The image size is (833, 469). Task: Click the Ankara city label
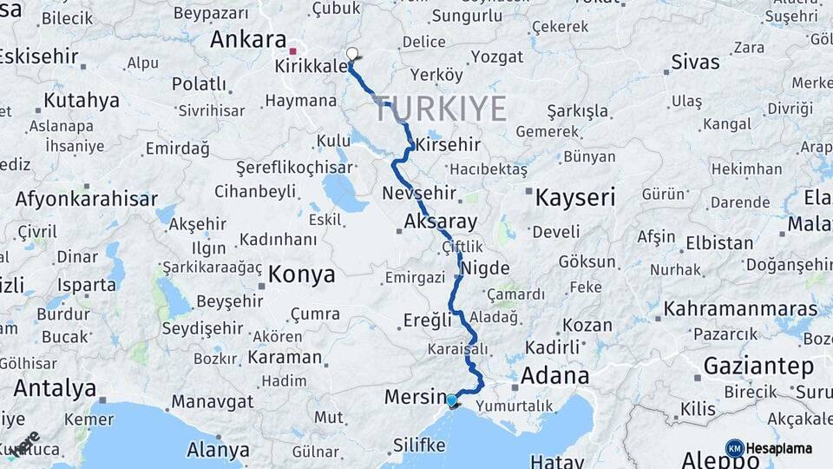[247, 40]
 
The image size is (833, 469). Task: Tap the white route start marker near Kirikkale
[352, 54]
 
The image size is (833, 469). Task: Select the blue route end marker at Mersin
[451, 400]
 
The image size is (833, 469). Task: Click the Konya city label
[302, 275]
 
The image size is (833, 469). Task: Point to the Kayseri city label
[574, 197]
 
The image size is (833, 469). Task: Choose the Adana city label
[554, 376]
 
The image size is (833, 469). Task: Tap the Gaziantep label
[758, 366]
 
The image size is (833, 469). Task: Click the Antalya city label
[55, 387]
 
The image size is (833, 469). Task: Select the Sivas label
[695, 62]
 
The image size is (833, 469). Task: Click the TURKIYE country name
[440, 109]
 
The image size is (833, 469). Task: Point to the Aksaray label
[441, 222]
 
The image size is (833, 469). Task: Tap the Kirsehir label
[448, 144]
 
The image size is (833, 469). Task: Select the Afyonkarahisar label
[86, 198]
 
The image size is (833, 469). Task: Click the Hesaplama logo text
[779, 449]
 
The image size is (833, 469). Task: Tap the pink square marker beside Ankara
[293, 50]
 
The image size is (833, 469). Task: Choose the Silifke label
[419, 446]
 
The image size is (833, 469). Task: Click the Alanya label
[218, 450]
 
